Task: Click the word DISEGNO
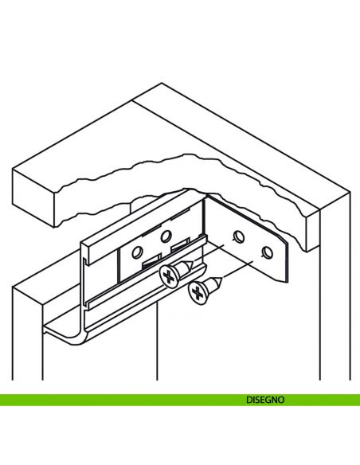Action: coord(265,400)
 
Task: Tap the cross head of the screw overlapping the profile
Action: coord(168,277)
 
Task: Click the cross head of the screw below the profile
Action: coord(198,293)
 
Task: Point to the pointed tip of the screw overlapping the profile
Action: coord(193,262)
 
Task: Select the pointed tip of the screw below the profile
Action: coord(221,278)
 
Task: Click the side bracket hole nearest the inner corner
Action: coord(239,236)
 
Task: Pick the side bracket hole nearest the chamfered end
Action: coord(267,252)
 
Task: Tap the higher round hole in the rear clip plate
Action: coord(166,236)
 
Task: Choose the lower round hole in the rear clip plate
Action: coord(137,252)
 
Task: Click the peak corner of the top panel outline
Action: coord(162,83)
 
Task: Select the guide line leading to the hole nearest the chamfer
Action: coord(238,269)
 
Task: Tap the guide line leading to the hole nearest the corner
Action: coord(209,253)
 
